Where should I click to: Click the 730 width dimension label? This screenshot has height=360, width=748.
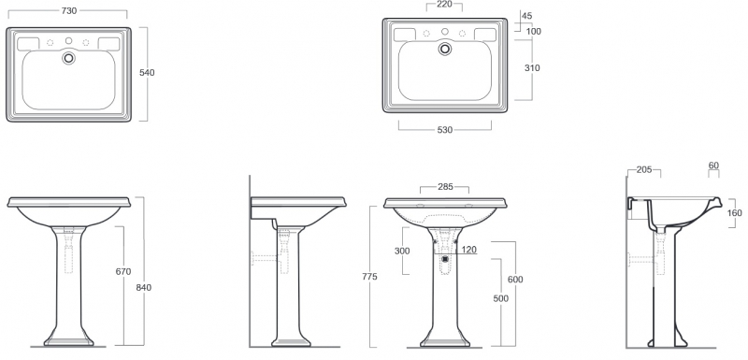click(69, 10)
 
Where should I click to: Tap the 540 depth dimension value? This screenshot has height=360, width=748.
click(147, 73)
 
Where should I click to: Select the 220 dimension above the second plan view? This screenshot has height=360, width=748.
click(444, 5)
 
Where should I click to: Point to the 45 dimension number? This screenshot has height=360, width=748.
click(527, 16)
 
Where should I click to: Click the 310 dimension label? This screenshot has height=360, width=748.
click(532, 67)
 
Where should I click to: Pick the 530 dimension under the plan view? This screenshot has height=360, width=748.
click(445, 130)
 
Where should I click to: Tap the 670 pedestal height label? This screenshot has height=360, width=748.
click(123, 272)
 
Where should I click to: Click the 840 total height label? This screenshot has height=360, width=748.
click(144, 287)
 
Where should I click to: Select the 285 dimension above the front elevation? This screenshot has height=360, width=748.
click(446, 187)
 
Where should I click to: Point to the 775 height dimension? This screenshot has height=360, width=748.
click(369, 277)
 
